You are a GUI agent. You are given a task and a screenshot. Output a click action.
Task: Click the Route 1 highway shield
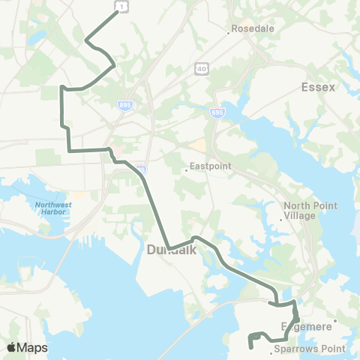(118, 6)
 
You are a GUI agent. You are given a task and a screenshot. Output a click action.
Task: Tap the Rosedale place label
(255, 28)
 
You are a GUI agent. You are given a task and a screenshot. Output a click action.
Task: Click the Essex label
(319, 87)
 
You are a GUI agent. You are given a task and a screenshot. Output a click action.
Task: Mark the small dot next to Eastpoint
(185, 170)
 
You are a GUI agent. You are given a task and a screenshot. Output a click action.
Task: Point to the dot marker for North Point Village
(282, 219)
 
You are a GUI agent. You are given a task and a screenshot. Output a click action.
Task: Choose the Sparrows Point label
(309, 349)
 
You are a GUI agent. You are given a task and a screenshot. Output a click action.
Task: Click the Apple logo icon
(11, 347)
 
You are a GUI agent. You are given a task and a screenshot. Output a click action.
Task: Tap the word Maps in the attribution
(32, 347)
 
